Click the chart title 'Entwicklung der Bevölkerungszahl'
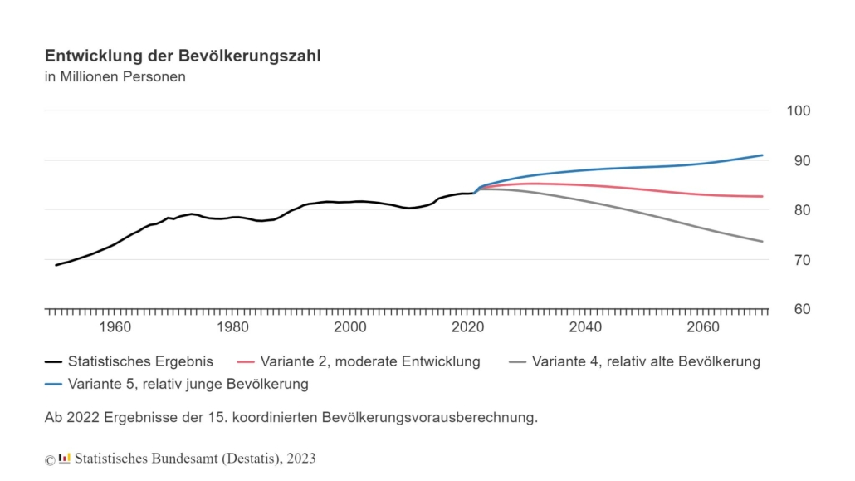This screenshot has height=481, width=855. coord(182,56)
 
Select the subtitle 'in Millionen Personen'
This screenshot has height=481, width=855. coord(115,77)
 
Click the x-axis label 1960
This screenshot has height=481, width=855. coord(115,327)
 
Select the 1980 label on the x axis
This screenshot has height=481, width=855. coord(232,327)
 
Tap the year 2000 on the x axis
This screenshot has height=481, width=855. coord(350,327)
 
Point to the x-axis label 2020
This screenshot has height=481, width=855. coord(468,327)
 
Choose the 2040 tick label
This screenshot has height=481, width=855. coord(586,327)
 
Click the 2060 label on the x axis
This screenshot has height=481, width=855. coord(704,327)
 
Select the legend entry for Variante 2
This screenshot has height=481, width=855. coord(359,361)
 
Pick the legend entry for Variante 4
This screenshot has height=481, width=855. coord(635,361)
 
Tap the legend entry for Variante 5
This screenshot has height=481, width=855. coord(177,384)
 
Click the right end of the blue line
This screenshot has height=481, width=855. coord(762,155)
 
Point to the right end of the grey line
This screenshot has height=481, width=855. coord(762,242)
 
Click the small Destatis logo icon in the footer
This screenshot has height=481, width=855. coord(65,458)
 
